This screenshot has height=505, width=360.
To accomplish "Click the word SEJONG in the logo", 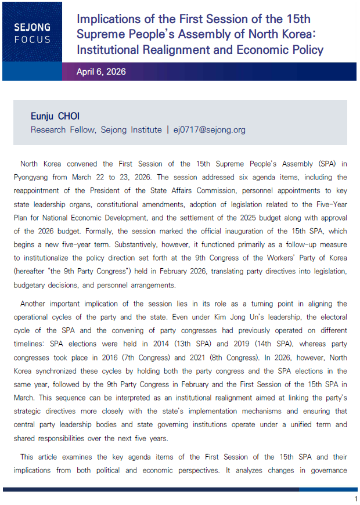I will [32, 27].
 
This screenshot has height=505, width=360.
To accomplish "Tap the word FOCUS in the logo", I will [32, 40].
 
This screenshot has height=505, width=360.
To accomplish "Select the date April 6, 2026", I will [101, 72].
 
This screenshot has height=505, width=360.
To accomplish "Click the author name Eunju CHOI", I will [56, 116].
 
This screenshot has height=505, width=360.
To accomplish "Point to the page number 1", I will [355, 499].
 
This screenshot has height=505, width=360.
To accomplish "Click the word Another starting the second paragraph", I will [35, 304].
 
